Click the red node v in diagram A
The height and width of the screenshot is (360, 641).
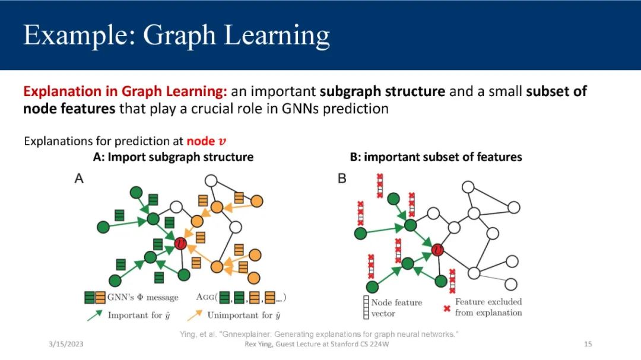pos(180,244)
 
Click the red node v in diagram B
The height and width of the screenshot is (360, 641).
pos(437,249)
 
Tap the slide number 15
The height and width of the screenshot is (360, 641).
pos(588,344)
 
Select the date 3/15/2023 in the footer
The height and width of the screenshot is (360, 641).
pos(66,344)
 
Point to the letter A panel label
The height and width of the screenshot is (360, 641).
pos(79,179)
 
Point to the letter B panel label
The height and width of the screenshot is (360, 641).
pos(342,179)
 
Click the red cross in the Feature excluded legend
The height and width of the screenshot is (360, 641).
pos(447,308)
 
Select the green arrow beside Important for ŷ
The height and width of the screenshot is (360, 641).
pos(94,316)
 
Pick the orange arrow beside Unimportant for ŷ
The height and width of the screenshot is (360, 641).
pos(195,316)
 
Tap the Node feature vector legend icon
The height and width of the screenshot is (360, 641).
pos(366,307)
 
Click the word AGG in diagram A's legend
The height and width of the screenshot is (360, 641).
pos(205,297)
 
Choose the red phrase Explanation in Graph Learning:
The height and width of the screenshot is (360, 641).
pos(125,91)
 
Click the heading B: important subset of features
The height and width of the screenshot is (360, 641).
pos(436,157)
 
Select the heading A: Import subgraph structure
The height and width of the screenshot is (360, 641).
pos(173,157)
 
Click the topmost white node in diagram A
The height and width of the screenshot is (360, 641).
pos(211,181)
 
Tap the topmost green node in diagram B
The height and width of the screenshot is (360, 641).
pos(394,199)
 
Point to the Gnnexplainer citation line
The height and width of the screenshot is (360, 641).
pos(319,334)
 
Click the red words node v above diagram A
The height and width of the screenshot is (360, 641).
pos(207,141)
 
